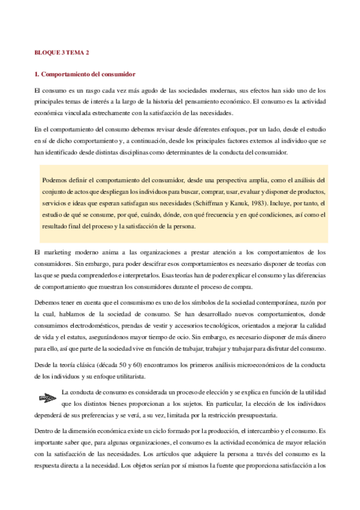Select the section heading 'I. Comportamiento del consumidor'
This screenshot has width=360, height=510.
point(85,75)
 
